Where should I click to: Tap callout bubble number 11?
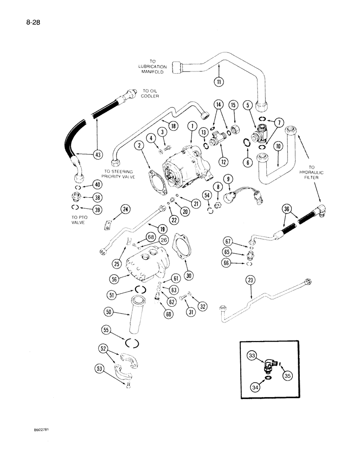pos(219,82)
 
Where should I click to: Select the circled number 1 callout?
pos(191,126)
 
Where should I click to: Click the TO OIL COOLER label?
pos(151,94)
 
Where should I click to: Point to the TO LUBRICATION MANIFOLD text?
pos(152,67)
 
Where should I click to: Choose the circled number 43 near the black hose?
pos(98,155)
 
